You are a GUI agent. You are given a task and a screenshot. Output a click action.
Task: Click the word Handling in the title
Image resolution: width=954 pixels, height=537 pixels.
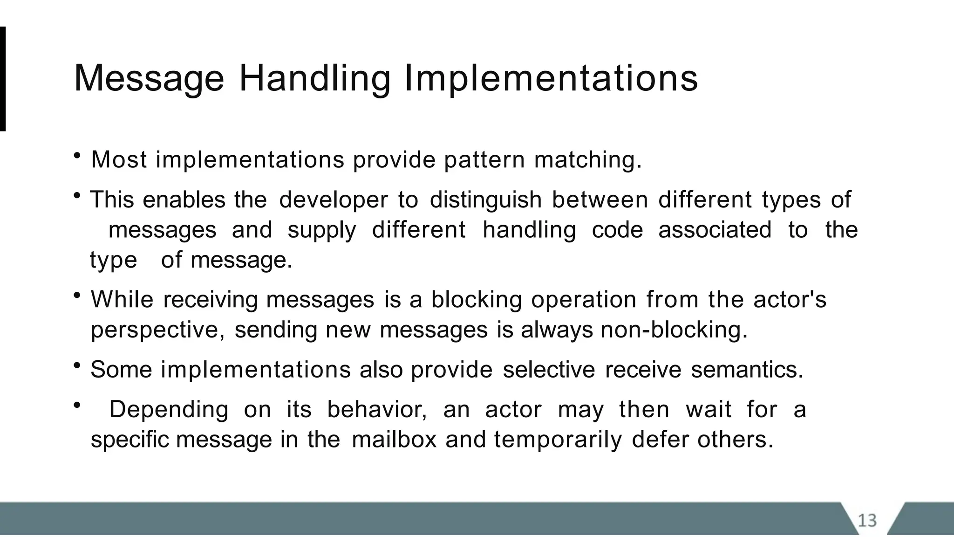pos(315,78)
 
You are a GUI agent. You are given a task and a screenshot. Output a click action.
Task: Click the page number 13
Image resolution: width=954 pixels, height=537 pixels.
pos(867,520)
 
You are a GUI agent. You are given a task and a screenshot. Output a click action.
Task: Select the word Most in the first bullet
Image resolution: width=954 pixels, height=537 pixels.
pos(119,160)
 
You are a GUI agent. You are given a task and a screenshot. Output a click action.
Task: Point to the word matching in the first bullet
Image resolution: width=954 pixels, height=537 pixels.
pos(587,160)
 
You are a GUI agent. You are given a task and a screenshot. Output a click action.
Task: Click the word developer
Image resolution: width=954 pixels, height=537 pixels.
pos(333,200)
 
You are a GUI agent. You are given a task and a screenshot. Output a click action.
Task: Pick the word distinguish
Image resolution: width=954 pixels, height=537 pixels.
pos(485,200)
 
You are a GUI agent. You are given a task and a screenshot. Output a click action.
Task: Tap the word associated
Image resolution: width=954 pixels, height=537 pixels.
pos(715,230)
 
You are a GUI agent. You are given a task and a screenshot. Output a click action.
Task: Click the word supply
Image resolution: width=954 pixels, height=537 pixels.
pos(321,230)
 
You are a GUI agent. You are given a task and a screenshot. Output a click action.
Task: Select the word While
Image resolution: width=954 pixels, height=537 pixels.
pos(122,299)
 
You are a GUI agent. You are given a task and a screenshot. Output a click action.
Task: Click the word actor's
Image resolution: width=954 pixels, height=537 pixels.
pos(790,299)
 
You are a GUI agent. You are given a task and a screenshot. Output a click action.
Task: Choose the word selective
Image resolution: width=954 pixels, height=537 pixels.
pos(549,370)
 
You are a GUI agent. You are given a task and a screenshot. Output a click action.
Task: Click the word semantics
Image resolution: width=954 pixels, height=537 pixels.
pos(747,370)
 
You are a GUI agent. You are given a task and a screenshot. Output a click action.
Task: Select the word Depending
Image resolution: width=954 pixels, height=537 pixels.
pos(169,410)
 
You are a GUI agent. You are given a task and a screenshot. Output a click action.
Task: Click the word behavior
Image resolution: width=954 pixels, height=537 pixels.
pos(376,410)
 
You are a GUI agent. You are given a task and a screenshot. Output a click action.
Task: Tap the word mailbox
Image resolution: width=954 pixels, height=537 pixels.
pos(394,440)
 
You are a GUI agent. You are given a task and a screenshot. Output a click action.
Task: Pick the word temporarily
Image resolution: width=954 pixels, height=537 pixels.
pos(558,440)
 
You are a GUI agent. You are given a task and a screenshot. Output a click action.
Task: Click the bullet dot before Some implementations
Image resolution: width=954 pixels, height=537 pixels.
pos(77,365)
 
